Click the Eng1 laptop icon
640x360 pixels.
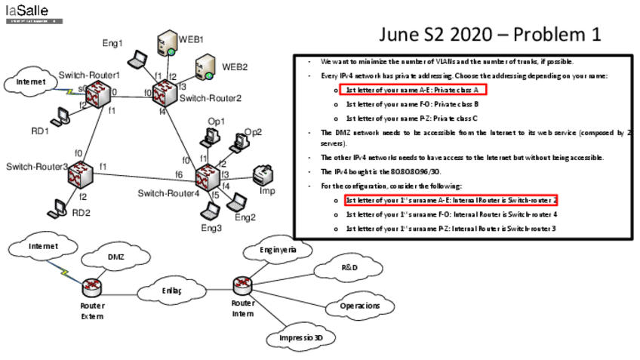point(137,60)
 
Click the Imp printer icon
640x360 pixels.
point(263,175)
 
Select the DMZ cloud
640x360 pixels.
point(115,258)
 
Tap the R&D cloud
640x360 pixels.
point(349,267)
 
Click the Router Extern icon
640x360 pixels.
point(92,287)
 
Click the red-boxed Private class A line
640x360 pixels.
point(412,90)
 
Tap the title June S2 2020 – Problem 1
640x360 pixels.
point(490,35)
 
